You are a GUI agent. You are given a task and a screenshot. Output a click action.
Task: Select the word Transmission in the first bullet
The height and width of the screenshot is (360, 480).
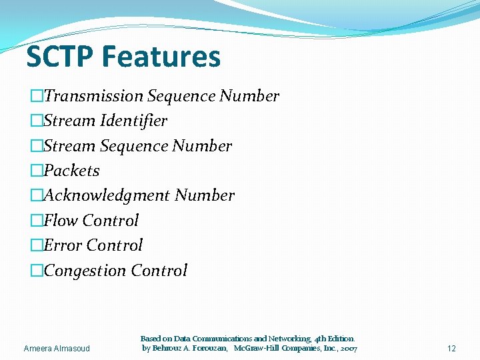93,96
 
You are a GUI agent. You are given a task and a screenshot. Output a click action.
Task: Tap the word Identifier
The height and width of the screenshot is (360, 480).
133,121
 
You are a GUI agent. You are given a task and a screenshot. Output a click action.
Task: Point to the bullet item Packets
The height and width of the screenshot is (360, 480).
71,171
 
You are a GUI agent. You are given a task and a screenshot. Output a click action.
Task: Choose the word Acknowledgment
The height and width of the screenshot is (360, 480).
107,195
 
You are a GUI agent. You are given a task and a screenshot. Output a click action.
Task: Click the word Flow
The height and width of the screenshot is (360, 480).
61,221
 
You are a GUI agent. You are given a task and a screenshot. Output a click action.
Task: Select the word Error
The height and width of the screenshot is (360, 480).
63,245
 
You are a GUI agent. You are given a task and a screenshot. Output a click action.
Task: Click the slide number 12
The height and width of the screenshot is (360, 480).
451,349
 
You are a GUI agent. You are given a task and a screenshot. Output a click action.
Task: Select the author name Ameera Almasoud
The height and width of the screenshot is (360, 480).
56,349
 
